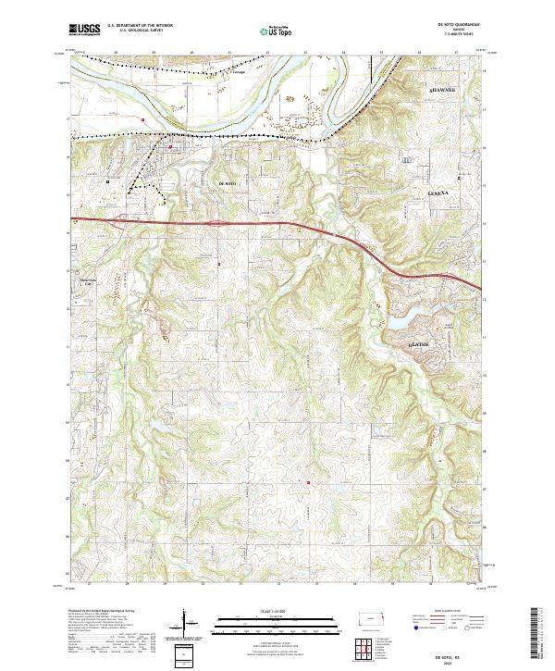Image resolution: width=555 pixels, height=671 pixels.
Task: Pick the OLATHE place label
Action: [x=419, y=343]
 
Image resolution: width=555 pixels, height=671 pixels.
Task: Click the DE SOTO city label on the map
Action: [x=227, y=185]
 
